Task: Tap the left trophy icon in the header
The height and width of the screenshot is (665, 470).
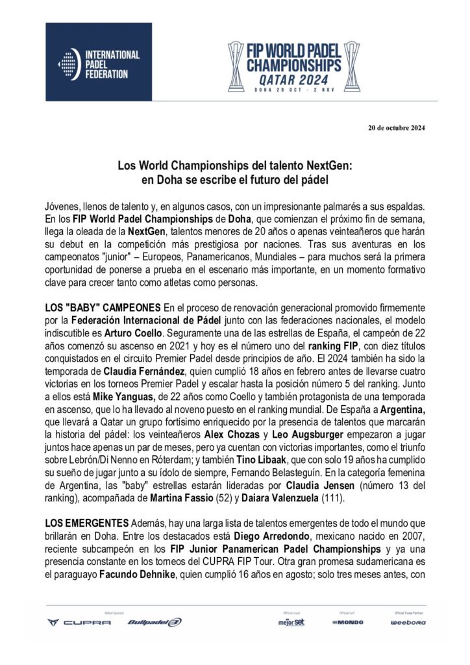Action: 236,66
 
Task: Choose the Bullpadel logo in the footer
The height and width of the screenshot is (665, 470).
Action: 155,621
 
